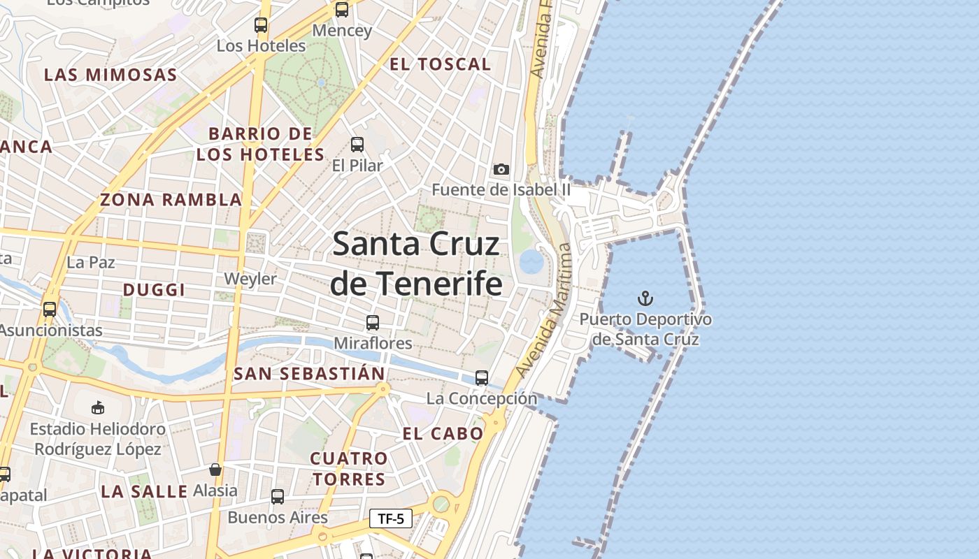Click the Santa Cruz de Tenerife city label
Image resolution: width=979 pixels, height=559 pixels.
[x=416, y=263]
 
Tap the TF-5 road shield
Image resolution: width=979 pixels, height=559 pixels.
[x=390, y=518]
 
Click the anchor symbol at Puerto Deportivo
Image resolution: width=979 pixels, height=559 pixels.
[x=645, y=299]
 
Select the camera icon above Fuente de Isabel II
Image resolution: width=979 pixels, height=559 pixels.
[x=501, y=169]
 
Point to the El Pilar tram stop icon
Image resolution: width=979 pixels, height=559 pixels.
[x=357, y=145]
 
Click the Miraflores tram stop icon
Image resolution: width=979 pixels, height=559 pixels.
[x=373, y=323]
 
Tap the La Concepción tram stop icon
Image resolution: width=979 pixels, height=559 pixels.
[x=482, y=378]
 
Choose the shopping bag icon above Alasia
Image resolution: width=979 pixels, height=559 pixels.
[x=215, y=470]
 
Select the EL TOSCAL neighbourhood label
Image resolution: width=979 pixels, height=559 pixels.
[x=440, y=64]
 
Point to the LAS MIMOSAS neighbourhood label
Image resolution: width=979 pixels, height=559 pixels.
[x=110, y=75]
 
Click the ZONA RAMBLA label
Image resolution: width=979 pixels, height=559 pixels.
[x=171, y=200]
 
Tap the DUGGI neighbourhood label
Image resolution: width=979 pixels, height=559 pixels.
[x=154, y=290]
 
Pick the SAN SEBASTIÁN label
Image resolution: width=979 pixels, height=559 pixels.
[x=309, y=374]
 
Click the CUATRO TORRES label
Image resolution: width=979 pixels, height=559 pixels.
[x=349, y=469]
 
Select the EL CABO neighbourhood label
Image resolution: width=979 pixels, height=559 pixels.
[x=443, y=434]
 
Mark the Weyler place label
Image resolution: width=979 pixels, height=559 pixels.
[x=250, y=279]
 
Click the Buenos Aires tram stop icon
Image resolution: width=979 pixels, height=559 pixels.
[x=278, y=497]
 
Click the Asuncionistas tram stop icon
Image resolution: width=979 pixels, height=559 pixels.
[x=50, y=310]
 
